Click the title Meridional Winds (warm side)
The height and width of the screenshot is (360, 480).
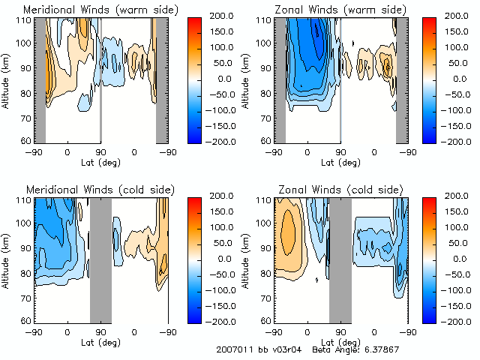101,10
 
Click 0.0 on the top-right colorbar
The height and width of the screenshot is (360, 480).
454,78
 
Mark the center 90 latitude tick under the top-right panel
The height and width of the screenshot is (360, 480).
340,152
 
